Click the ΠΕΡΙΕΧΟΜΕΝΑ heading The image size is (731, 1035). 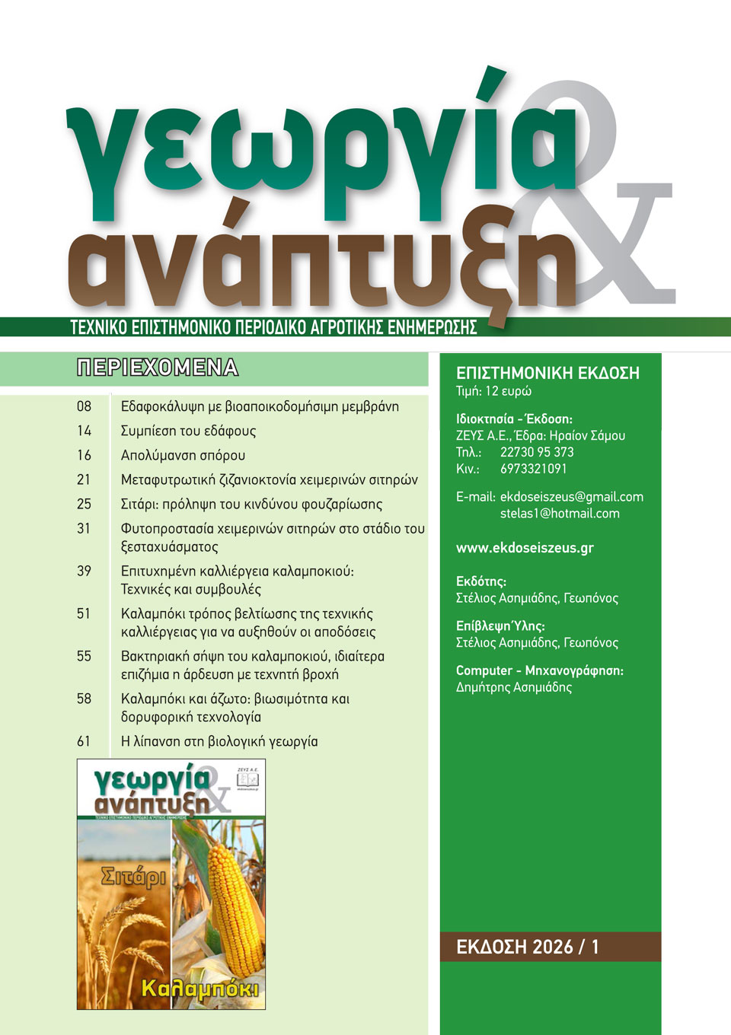[x=158, y=368]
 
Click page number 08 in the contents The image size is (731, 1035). [x=84, y=406]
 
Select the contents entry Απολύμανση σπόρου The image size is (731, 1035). [x=183, y=455]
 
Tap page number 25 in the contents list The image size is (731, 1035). [x=84, y=504]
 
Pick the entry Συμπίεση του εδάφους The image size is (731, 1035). [x=188, y=431]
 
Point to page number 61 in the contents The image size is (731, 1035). [x=84, y=741]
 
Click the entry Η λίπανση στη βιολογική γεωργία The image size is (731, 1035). [x=219, y=741]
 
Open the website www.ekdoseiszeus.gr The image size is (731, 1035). [x=525, y=548]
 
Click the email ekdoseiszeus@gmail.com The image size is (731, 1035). [x=571, y=497]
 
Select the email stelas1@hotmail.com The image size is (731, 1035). [x=560, y=514]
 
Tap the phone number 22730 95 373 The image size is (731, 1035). [x=537, y=452]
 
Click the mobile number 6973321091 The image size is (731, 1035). [x=533, y=469]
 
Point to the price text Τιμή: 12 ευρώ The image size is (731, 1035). [x=493, y=391]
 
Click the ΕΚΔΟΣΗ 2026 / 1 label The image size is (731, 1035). [x=528, y=947]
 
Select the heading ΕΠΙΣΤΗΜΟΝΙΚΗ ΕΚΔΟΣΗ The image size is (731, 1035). [x=547, y=373]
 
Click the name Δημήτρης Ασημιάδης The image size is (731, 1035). [x=514, y=687]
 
